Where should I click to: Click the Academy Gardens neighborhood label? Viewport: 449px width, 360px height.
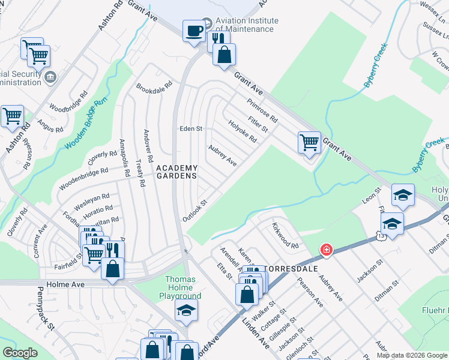point(176,172)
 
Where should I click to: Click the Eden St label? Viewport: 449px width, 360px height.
point(191,129)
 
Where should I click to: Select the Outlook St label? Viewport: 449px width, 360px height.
point(195,210)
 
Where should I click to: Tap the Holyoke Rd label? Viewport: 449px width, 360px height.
point(243,131)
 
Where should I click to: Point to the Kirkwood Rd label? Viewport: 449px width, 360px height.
point(285,236)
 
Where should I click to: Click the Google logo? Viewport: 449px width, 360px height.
point(20,353)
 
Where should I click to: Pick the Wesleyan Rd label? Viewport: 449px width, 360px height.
point(92,197)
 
